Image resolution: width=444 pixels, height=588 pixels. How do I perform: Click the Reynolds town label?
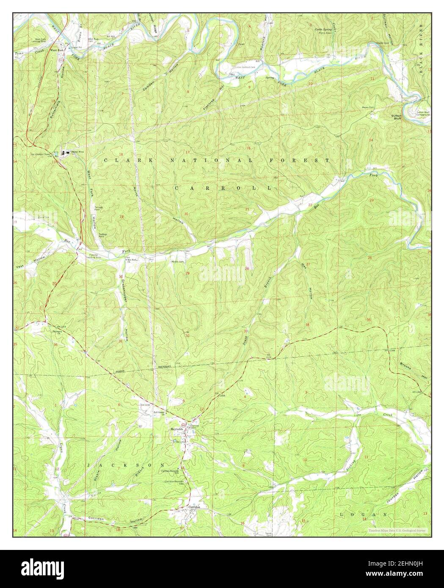(x=177, y=429)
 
